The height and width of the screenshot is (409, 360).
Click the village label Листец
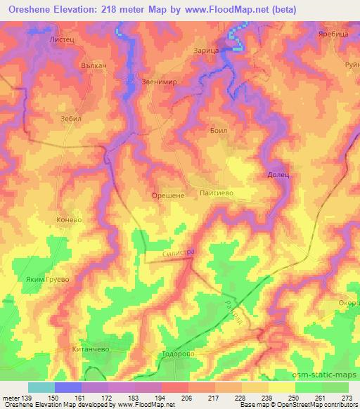point(63,41)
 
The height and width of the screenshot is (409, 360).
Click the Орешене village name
point(168,196)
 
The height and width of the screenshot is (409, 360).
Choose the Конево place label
point(70,220)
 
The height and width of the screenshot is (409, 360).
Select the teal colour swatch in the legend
point(41,387)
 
